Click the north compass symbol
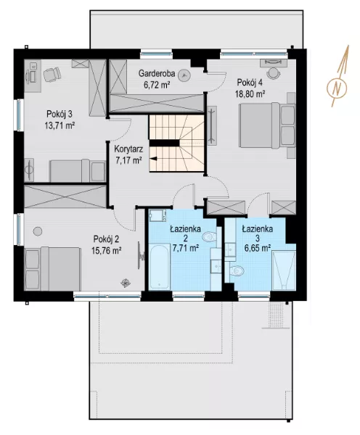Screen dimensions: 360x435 point(337,88)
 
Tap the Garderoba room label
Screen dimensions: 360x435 point(157,73)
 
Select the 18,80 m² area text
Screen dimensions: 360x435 point(250,94)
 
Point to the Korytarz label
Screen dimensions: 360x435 point(128,149)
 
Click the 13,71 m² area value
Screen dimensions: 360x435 point(60,125)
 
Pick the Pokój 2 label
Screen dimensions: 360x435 point(106,239)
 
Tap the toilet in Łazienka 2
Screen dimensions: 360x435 point(210,237)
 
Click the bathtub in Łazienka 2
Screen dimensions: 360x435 point(159,267)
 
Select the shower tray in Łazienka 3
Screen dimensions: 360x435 point(283,270)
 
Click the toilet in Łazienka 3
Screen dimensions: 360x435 point(237,270)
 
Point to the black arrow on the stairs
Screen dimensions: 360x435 point(153,159)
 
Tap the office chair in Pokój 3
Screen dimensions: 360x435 point(52,74)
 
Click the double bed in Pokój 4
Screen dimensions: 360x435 point(266,125)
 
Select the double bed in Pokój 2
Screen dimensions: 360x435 point(53,269)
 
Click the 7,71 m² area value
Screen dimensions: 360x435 point(185,248)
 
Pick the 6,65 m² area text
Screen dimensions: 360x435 point(258,248)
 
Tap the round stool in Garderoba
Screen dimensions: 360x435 point(184,75)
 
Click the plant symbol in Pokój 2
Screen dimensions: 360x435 point(126,283)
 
